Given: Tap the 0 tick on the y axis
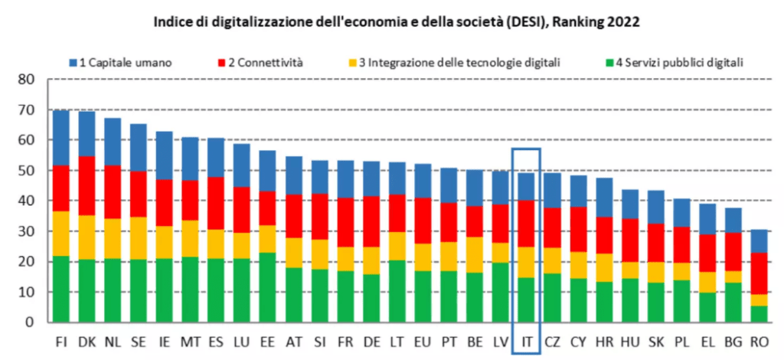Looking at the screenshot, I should pyautogui.click(x=31, y=322).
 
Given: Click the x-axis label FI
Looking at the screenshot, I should pyautogui.click(x=61, y=340).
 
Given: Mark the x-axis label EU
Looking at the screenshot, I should pyautogui.click(x=423, y=340).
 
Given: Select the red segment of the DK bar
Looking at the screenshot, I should pyautogui.click(x=87, y=186).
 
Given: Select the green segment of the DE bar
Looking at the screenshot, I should pyautogui.click(x=371, y=298).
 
